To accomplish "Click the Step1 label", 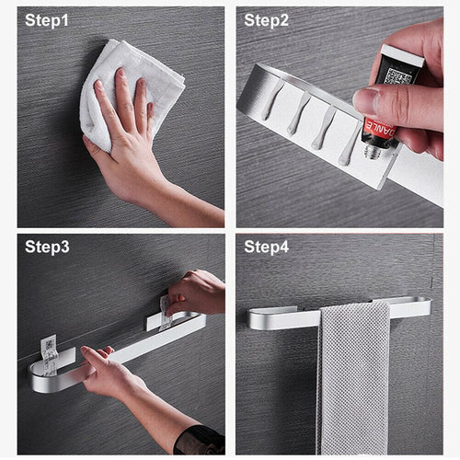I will tap(47, 20).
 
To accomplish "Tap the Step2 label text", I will tap(266, 20).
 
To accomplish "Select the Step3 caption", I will tap(47, 246).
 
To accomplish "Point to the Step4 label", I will tap(266, 246).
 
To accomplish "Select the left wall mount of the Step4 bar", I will tap(267, 317).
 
